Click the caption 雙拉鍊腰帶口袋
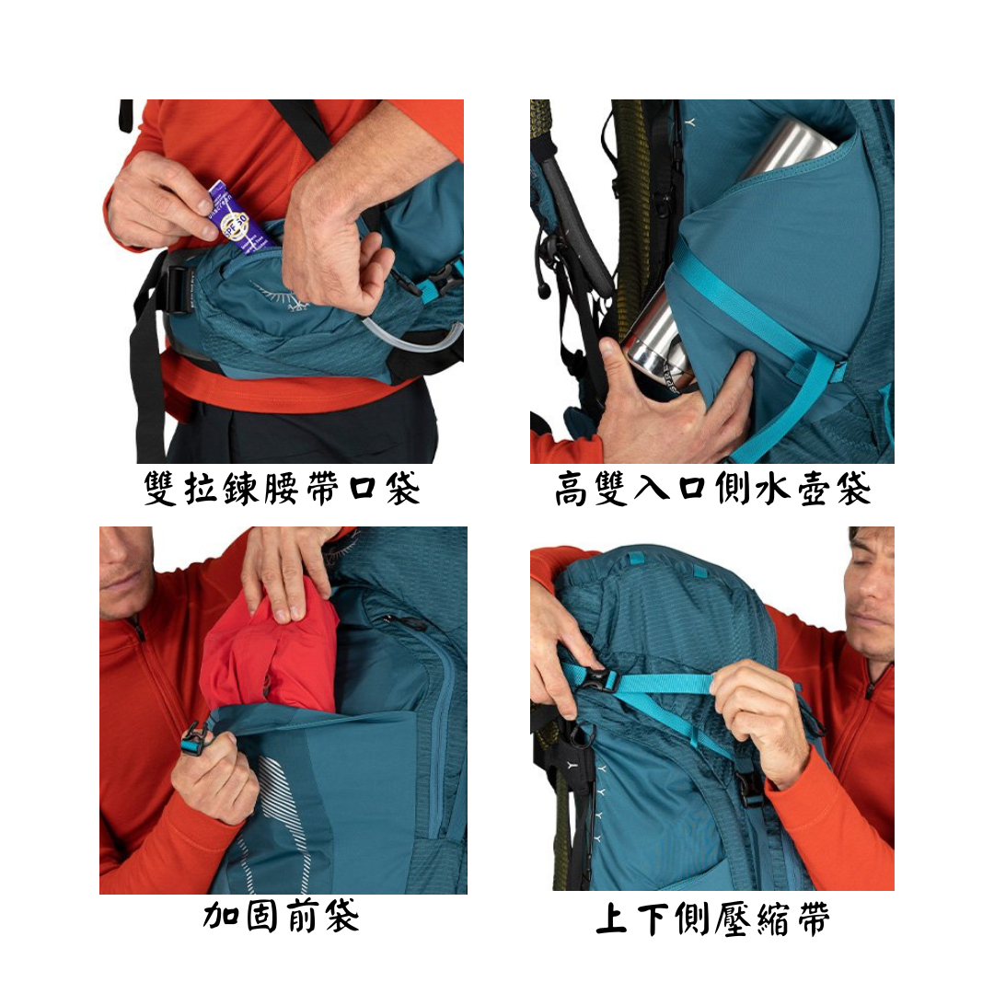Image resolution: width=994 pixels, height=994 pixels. pos(282,489)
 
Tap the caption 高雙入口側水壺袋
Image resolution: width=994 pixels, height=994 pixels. pos(712,489)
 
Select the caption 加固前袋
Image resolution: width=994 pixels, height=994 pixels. pos(281,917)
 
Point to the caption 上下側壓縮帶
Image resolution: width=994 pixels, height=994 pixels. pos(712,919)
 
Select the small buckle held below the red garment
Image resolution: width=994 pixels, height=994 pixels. pos(196,739)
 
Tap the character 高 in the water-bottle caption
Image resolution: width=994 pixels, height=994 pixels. pos(572,490)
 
